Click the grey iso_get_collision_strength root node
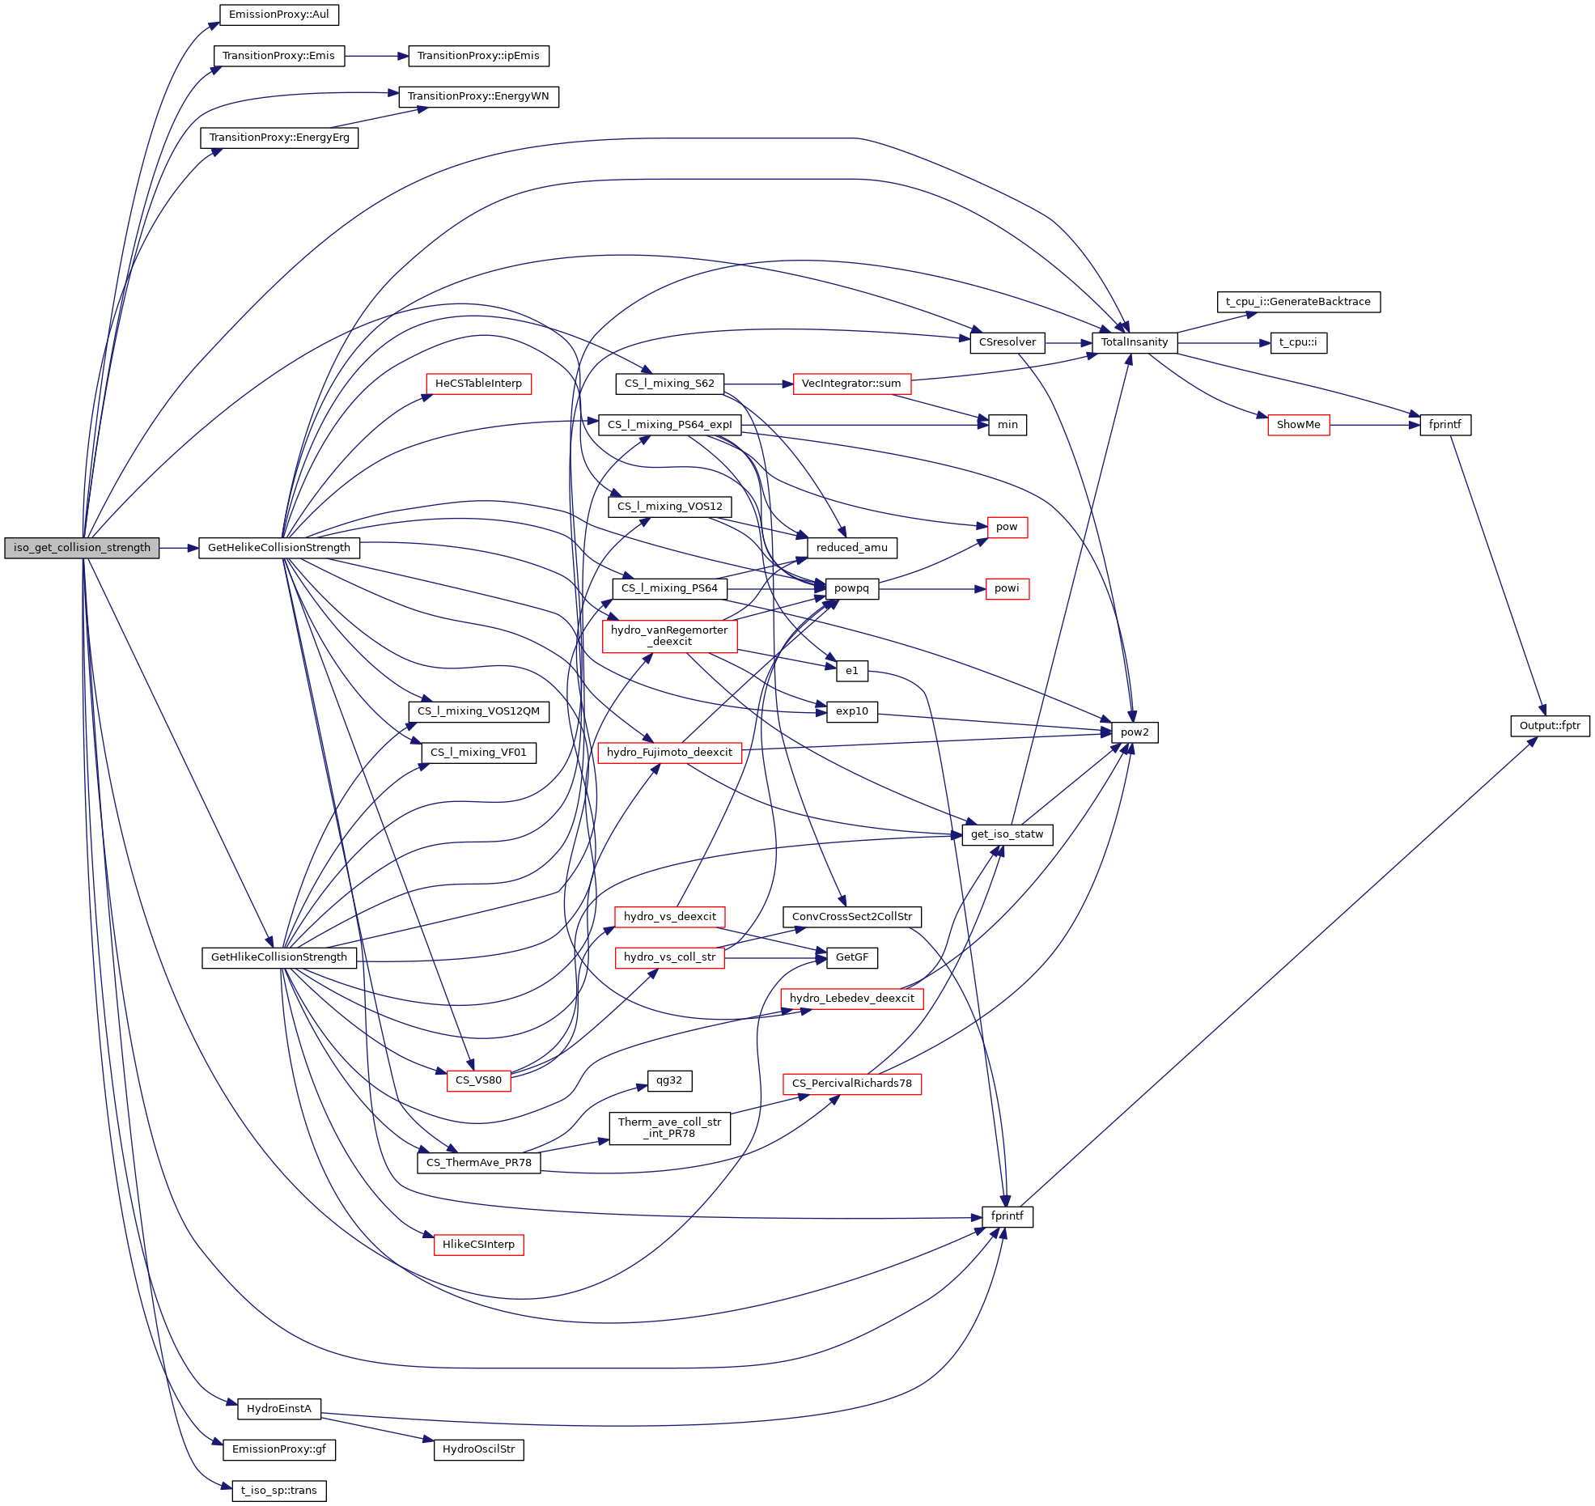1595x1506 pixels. tap(82, 548)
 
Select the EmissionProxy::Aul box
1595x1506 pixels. tap(278, 15)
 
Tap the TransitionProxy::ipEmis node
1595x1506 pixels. tap(478, 56)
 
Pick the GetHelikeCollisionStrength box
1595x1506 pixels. tap(278, 548)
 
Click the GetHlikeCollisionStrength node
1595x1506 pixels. tap(278, 957)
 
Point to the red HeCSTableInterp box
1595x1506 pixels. tap(478, 384)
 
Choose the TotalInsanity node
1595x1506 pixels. tap(1134, 342)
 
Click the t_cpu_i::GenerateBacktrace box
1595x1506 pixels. tap(1297, 302)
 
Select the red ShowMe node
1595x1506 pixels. tap(1297, 425)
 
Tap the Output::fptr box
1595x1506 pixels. tap(1549, 726)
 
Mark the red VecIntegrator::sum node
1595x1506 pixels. tap(851, 384)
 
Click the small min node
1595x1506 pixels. tap(1007, 425)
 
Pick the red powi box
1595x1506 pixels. tap(1006, 588)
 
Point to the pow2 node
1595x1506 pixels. tap(1134, 732)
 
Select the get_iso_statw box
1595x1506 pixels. tap(1007, 834)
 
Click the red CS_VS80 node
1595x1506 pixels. tap(478, 1080)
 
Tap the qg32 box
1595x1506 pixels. tap(668, 1080)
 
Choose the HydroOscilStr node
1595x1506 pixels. tap(478, 1449)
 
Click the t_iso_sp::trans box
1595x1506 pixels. tap(278, 1491)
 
